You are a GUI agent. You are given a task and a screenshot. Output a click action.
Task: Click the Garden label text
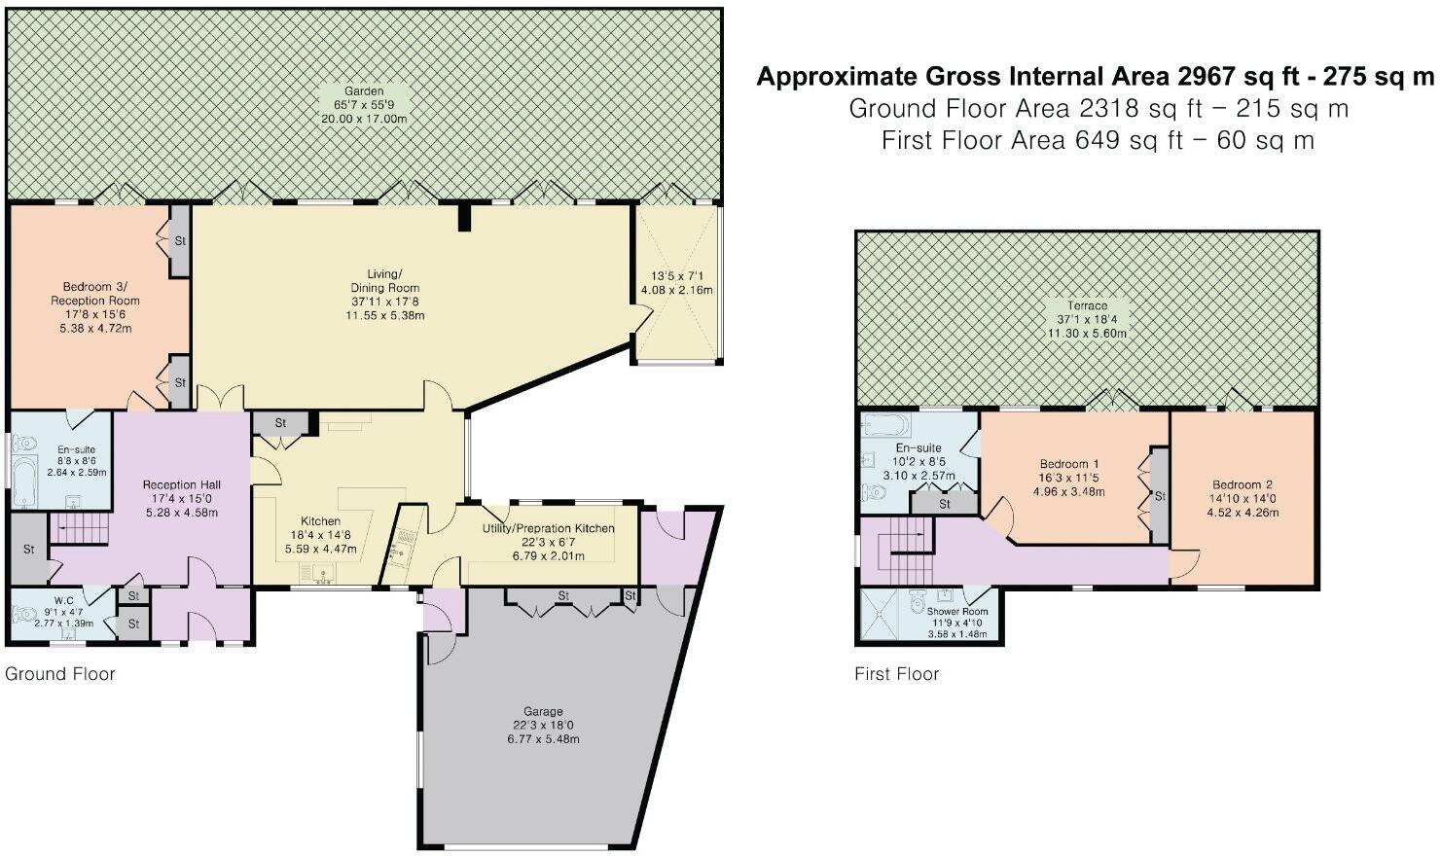click(x=364, y=91)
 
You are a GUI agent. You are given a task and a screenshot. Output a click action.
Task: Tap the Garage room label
click(x=543, y=711)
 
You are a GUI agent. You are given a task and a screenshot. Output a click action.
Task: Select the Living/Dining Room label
click(x=384, y=281)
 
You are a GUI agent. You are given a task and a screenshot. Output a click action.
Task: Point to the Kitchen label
click(x=320, y=521)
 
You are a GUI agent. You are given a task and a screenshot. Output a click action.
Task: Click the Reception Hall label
click(x=181, y=485)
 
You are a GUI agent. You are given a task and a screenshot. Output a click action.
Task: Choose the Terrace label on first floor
click(x=1087, y=305)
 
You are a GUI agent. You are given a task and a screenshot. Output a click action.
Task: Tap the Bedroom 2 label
click(x=1243, y=485)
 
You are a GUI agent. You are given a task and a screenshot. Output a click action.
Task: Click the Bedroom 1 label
click(x=1069, y=464)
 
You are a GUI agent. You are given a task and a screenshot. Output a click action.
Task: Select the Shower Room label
click(x=957, y=612)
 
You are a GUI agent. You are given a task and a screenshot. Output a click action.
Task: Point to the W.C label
click(x=63, y=601)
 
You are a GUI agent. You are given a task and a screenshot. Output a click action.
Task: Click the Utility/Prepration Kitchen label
click(x=548, y=528)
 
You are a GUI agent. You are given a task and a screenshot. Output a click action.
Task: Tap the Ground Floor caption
click(x=59, y=674)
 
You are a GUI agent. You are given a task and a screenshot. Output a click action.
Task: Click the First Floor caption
click(x=897, y=674)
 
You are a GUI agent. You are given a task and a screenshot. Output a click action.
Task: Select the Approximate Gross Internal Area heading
click(x=1095, y=77)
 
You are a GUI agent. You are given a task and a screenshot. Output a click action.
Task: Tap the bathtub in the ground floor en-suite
click(x=24, y=481)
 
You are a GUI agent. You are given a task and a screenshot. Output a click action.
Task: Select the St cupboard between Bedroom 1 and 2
click(x=1159, y=496)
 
